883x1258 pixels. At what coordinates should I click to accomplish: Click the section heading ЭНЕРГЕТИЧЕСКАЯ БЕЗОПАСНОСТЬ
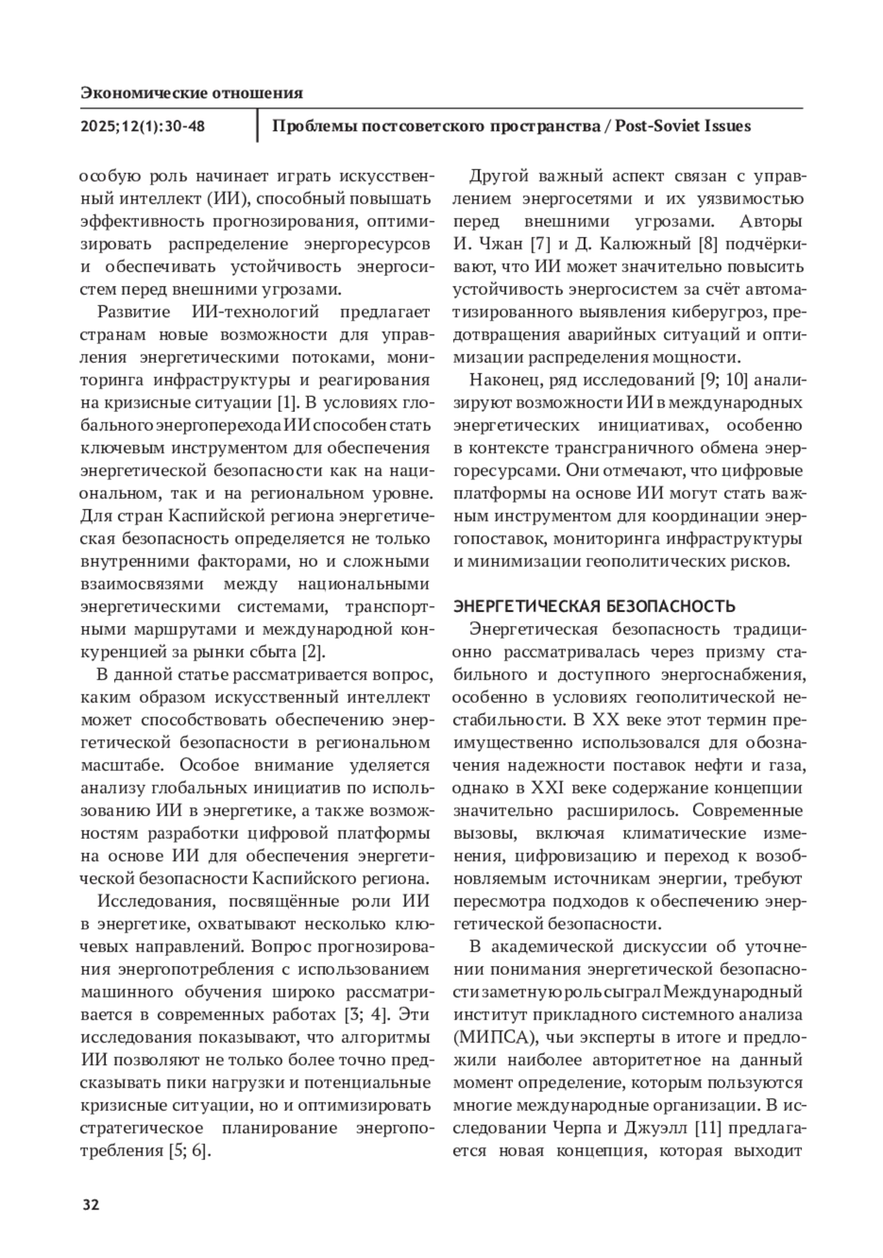pos(595,607)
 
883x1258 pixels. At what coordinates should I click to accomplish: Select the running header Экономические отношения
pos(191,93)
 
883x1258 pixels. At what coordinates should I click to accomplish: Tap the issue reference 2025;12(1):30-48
pos(143,127)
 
